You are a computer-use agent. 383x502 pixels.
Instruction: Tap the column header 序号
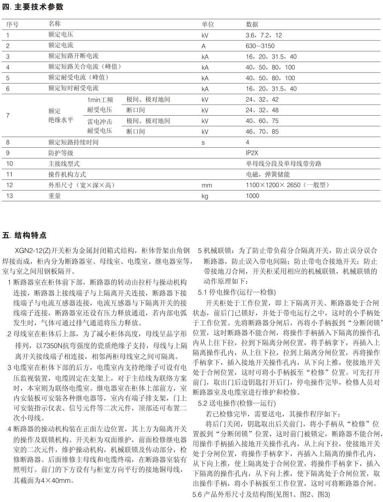pyautogui.click(x=12, y=24)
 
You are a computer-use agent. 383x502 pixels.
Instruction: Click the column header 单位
pyautogui.click(x=208, y=24)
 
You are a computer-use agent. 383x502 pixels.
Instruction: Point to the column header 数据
pyautogui.click(x=252, y=24)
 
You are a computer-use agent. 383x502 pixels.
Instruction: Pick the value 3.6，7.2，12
pyautogui.click(x=264, y=35)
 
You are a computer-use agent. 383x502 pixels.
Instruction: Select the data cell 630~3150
pyautogui.click(x=260, y=46)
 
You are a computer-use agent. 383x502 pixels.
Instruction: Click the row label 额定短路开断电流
pyautogui.click(x=73, y=56)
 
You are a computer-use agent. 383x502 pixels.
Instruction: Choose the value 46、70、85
pyautogui.click(x=262, y=132)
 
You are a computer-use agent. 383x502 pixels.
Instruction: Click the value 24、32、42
pyautogui.click(x=262, y=100)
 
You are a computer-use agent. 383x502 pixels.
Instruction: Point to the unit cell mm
pyautogui.click(x=207, y=185)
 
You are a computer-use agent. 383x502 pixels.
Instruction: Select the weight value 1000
pyautogui.click(x=252, y=196)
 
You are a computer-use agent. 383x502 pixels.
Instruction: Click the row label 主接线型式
pyautogui.click(x=64, y=164)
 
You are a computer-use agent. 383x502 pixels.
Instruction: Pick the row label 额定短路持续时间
pyautogui.click(x=73, y=142)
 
